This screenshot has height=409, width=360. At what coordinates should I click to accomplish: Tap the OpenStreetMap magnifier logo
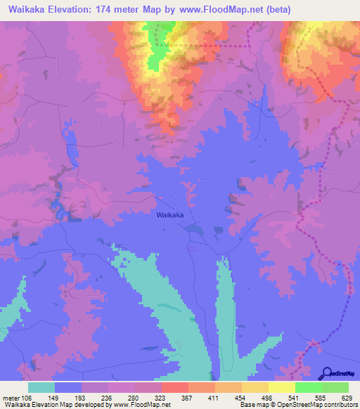click(x=328, y=373)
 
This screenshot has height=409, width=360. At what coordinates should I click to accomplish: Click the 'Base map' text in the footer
click(x=251, y=404)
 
